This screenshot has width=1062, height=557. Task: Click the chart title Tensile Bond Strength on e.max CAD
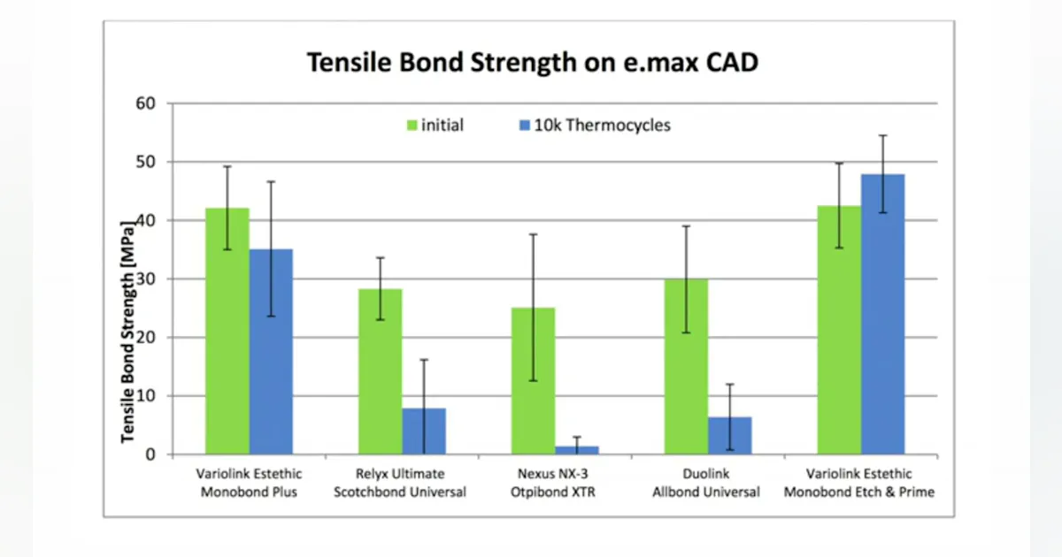(533, 62)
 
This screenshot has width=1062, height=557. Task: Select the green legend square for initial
(412, 126)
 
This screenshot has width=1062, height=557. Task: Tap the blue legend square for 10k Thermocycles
(524, 126)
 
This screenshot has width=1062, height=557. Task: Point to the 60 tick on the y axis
(145, 103)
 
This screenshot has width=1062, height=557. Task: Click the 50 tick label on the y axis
(145, 162)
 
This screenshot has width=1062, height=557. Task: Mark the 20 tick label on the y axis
(145, 337)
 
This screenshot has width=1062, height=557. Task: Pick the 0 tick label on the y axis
(150, 454)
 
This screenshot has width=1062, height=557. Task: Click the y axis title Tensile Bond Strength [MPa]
(127, 332)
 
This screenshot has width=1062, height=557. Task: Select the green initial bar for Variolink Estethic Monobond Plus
(227, 331)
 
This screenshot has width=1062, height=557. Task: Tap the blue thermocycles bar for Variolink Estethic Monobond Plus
(271, 352)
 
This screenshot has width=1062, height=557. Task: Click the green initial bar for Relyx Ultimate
(381, 372)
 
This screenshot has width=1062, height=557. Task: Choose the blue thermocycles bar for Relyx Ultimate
(424, 431)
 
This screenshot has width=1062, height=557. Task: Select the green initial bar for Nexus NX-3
(534, 381)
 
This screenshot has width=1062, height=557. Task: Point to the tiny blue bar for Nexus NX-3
(577, 450)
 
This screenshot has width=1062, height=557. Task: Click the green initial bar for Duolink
(687, 367)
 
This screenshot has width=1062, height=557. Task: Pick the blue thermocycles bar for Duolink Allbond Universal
(730, 436)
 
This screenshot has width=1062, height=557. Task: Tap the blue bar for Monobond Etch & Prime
(883, 315)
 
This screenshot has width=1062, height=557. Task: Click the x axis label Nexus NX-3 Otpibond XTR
(553, 483)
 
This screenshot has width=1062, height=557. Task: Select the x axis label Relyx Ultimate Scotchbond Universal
(400, 483)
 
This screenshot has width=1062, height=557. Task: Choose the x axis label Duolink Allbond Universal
(706, 483)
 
